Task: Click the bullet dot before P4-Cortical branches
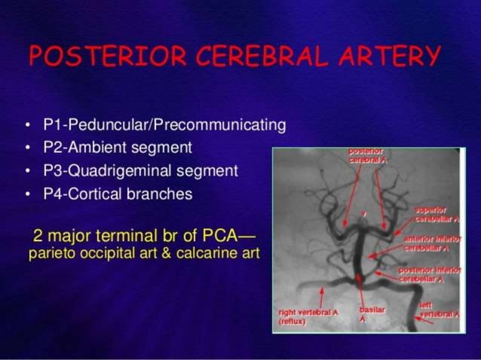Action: (x=28, y=194)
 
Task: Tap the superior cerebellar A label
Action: (x=436, y=213)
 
